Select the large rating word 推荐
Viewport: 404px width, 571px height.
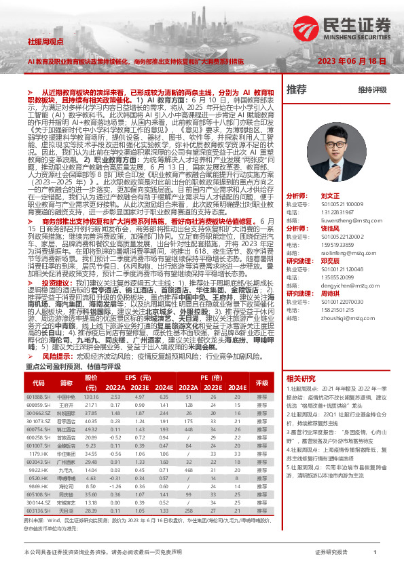click(296, 90)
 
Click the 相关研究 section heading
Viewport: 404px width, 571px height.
click(301, 378)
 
